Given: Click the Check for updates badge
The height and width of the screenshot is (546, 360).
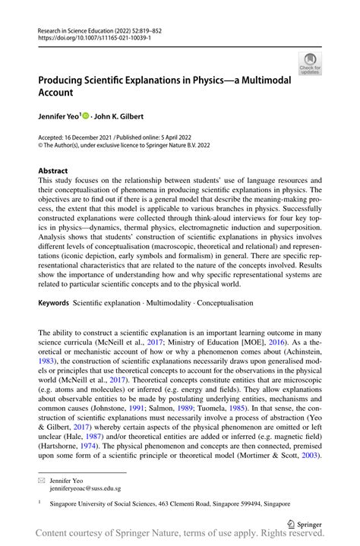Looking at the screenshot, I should [311, 65].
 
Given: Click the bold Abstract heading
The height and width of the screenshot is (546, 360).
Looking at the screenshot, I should [53, 171].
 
